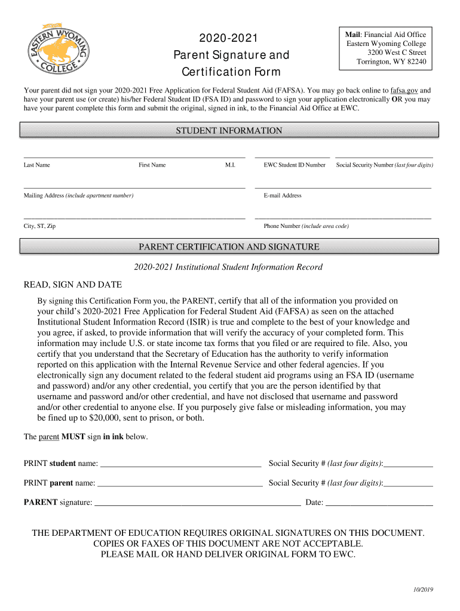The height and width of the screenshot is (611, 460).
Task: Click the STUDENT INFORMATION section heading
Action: click(x=229, y=131)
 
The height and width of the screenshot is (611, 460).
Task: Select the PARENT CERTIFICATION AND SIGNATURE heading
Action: click(x=229, y=247)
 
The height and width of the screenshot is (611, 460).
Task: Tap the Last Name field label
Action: click(x=37, y=165)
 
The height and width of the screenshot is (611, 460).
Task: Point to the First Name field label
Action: click(x=152, y=165)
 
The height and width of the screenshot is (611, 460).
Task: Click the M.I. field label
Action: click(x=230, y=165)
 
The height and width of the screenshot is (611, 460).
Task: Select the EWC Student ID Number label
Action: click(x=295, y=165)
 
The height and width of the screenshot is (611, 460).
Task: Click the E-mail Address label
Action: click(x=283, y=196)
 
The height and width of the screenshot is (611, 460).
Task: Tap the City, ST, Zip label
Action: click(x=39, y=227)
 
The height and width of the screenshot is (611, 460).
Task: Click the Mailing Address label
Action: click(x=78, y=196)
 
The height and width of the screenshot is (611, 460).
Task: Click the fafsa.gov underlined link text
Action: click(x=404, y=91)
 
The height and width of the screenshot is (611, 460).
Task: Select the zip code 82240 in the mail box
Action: click(x=414, y=62)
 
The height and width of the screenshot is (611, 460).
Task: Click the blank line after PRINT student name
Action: click(x=180, y=464)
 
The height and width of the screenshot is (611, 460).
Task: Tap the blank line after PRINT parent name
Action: click(x=180, y=483)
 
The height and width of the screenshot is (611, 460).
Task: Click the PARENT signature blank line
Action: click(x=197, y=503)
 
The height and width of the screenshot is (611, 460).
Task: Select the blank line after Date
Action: click(x=379, y=503)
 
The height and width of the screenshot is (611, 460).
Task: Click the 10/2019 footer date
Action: click(x=422, y=590)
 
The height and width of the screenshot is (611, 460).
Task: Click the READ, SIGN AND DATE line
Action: click(x=72, y=285)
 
